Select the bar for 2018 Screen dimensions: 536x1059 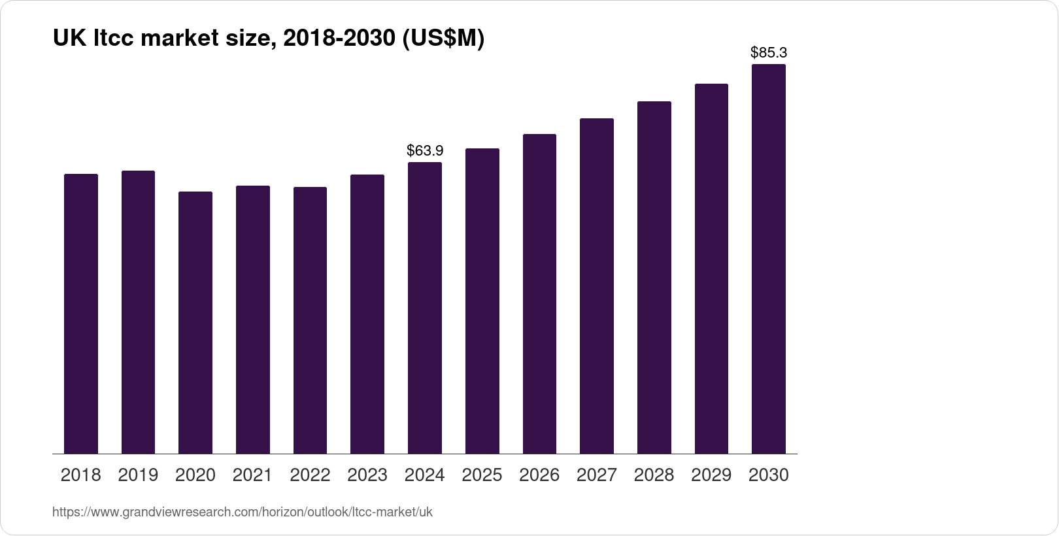coord(81,314)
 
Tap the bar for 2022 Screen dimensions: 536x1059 coord(310,320)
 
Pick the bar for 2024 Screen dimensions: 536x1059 coord(425,308)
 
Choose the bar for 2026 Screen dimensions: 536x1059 coord(539,294)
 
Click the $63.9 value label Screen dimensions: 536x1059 coord(425,151)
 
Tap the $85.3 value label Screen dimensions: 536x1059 coord(769,52)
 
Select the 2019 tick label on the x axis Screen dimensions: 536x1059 coord(138,475)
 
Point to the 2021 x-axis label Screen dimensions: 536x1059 coord(252,475)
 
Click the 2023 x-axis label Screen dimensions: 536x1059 coord(367,475)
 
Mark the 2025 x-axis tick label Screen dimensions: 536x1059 coord(482,475)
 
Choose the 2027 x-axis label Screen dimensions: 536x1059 coord(597,475)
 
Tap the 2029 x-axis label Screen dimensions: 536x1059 coord(711,475)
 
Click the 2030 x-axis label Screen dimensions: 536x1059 coord(769,475)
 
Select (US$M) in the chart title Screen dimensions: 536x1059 coord(443,39)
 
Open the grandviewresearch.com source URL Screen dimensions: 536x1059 coord(243,512)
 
